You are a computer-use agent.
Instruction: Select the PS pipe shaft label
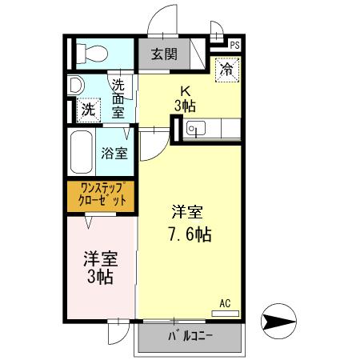[x=235, y=46]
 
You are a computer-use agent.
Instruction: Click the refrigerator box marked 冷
[x=226, y=70]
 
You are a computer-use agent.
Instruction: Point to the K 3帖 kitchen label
[x=186, y=98]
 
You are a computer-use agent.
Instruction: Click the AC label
[x=225, y=303]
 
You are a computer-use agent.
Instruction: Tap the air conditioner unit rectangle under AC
[x=225, y=312]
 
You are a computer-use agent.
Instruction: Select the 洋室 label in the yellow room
[x=189, y=213]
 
